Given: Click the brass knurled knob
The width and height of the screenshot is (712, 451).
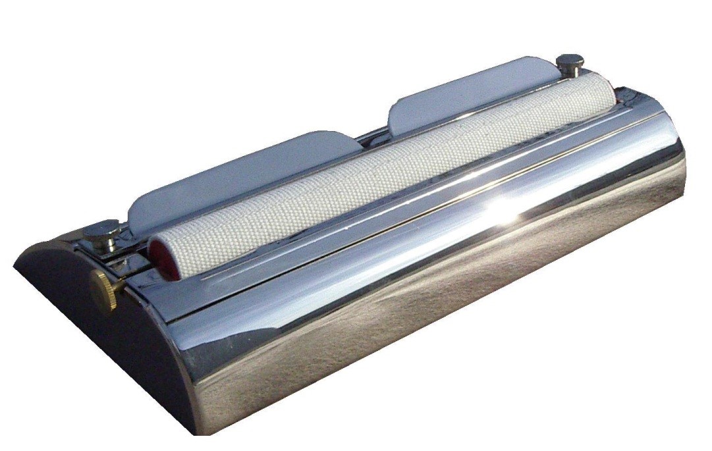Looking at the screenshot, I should (103, 289).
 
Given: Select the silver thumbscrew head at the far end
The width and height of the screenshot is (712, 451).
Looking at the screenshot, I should (570, 62).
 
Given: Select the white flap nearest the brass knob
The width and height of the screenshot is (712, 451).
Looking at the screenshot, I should (237, 175).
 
